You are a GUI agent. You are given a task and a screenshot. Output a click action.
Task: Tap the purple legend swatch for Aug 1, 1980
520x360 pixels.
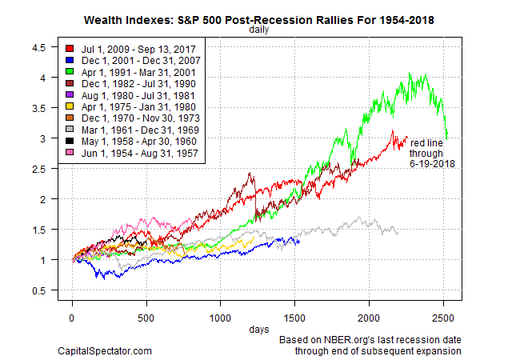coord(70,97)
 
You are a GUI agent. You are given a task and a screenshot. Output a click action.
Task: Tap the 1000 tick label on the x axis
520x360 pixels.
coord(220,317)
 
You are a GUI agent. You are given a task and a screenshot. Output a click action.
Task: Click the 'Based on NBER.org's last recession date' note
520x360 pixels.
coord(370,340)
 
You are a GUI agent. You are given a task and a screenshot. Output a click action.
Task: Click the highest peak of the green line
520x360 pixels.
coord(410,74)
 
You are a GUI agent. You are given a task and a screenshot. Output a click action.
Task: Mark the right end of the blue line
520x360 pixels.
coord(299,242)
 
